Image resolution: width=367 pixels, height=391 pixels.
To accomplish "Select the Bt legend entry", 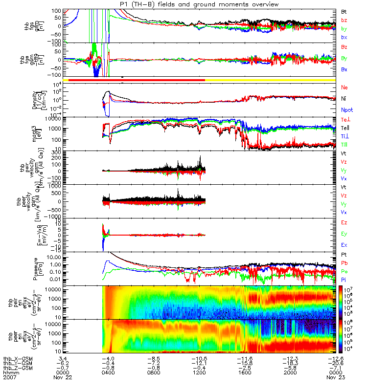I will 344,11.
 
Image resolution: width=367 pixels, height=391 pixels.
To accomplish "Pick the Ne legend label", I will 344,87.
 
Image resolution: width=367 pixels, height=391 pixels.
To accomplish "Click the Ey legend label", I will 344,233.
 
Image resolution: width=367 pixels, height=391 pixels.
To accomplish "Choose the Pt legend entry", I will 344,255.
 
